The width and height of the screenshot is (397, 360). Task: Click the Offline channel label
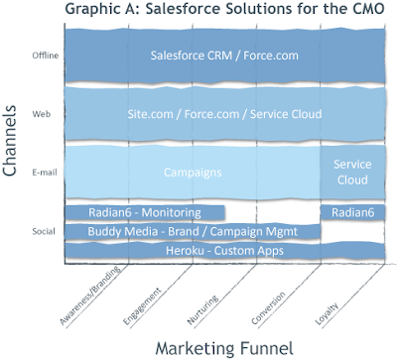46,56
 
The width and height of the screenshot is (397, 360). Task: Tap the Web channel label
42,114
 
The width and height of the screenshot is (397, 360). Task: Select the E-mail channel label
45,173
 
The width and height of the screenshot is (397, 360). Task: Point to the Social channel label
44,231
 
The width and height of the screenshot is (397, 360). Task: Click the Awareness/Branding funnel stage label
90,296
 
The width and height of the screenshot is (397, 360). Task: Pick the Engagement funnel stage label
142,306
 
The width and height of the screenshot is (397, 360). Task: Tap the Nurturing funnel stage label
202,309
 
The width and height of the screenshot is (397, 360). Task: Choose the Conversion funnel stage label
268,308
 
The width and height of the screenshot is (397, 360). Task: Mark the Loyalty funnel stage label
327,313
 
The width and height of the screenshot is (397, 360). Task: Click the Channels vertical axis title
10,141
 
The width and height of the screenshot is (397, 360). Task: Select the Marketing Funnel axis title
224,348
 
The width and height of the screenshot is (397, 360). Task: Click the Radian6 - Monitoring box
145,212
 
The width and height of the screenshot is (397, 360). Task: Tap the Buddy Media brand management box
193,231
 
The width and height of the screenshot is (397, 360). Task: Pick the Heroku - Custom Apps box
225,251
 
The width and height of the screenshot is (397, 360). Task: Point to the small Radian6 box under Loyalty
353,212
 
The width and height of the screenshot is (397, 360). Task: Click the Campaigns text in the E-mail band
193,173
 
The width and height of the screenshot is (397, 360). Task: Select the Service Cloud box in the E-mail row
353,173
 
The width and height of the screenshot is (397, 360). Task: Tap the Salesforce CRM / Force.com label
224,56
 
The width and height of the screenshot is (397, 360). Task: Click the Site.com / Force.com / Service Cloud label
224,114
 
